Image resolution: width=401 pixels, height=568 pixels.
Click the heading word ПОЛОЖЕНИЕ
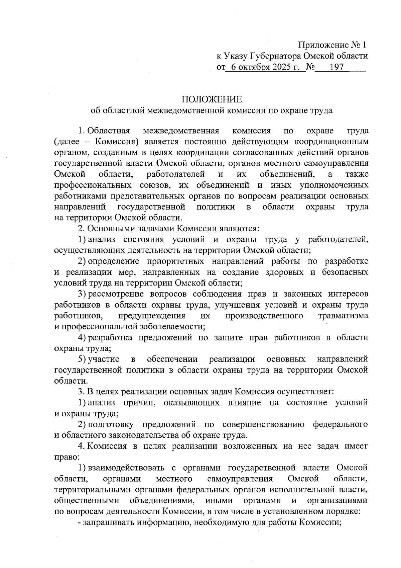point(211,99)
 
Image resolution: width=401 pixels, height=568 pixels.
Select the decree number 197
point(337,67)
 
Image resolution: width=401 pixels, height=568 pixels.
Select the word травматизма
point(343,316)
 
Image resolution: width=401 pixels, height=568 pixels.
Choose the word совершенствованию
point(263,425)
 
